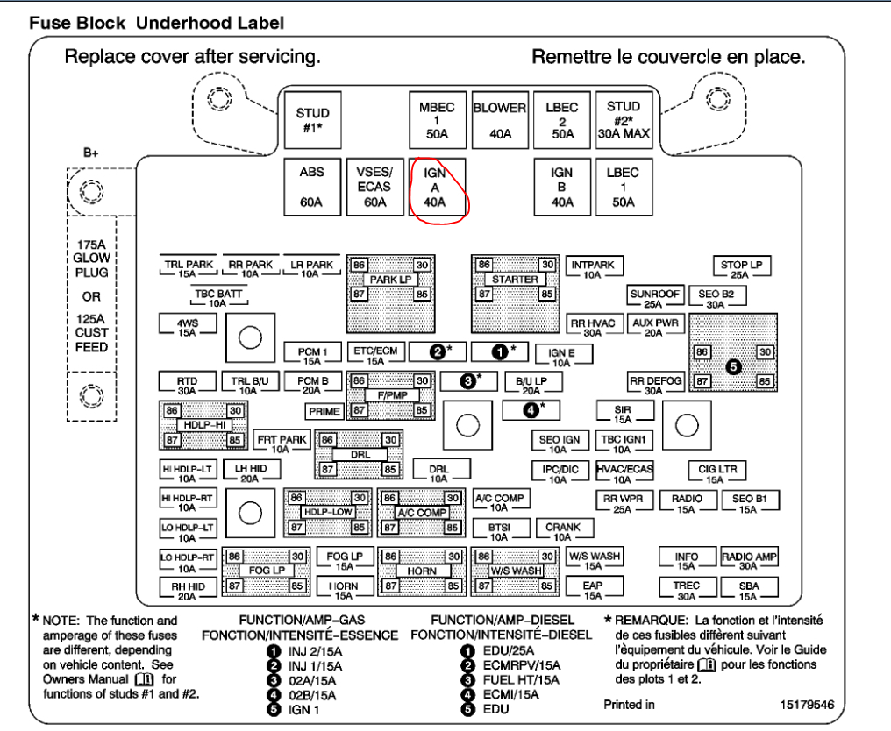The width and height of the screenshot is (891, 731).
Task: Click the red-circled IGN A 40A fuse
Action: (x=435, y=187)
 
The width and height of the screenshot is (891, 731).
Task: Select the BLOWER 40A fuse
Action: (x=499, y=121)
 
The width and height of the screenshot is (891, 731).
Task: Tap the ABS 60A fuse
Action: (x=312, y=187)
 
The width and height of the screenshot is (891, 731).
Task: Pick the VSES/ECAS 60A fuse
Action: (x=374, y=187)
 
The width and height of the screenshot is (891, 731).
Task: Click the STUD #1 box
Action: (x=312, y=121)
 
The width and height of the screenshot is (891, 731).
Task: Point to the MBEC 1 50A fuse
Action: (x=436, y=121)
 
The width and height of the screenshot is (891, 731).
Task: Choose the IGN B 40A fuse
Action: (x=561, y=187)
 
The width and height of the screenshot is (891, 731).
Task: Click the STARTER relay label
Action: (x=515, y=280)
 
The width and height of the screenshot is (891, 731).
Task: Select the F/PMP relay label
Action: (x=392, y=395)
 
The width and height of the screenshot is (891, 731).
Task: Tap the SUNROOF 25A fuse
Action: (x=652, y=298)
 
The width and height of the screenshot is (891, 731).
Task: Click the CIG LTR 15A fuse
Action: (x=715, y=473)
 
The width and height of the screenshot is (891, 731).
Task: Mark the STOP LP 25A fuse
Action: (x=741, y=268)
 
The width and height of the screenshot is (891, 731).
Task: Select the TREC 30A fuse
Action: (x=687, y=589)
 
